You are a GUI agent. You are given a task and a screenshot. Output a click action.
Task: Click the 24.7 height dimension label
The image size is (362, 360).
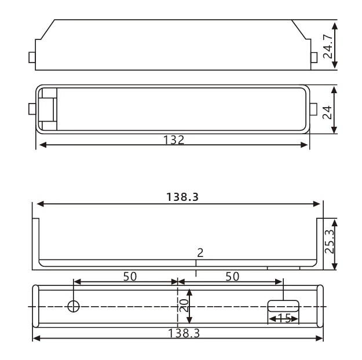[x=328, y=47]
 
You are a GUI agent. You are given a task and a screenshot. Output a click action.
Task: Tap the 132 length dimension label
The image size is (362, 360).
[x=174, y=140]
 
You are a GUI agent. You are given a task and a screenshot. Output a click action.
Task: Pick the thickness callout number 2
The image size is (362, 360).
[x=200, y=253]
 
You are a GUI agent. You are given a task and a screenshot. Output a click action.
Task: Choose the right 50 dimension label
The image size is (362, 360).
[x=232, y=276]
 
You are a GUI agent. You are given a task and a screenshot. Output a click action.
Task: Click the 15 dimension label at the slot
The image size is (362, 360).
[x=283, y=318]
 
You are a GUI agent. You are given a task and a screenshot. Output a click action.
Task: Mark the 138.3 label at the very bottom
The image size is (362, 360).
[x=178, y=333]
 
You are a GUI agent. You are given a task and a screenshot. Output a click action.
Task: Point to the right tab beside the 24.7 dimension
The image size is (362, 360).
[x=313, y=57]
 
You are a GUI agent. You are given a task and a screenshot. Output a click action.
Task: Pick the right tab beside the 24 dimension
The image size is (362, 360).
[x=313, y=109]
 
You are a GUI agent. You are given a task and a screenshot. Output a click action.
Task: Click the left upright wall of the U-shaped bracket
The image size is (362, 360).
[x=35, y=243]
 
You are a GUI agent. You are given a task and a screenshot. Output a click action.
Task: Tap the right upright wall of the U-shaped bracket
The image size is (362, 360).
[x=320, y=243]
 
